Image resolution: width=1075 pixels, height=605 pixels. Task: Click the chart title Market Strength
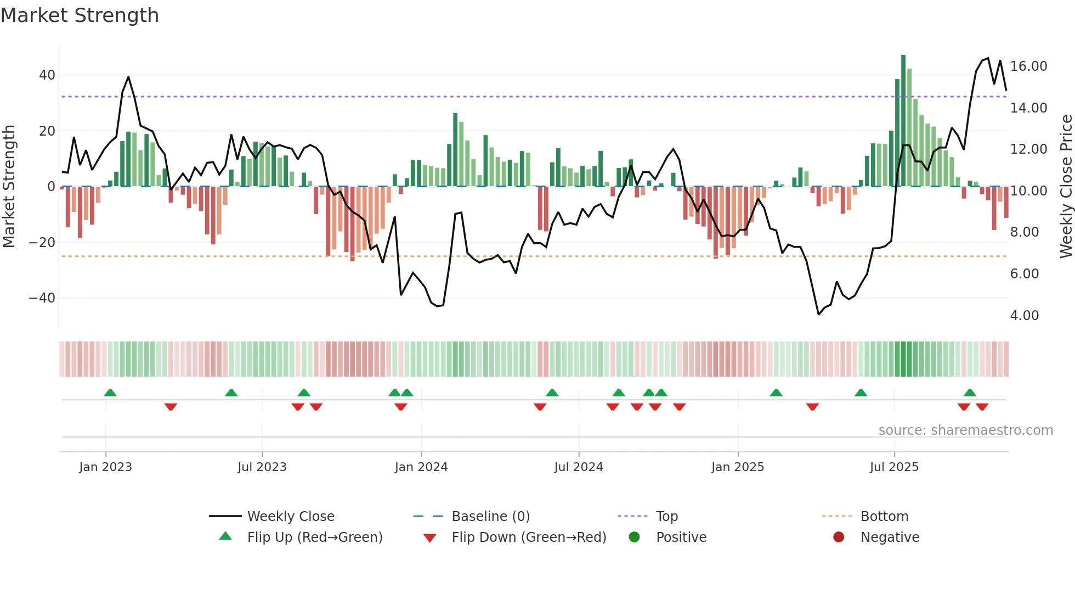[80, 15]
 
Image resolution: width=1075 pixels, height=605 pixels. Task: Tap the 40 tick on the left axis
[47, 75]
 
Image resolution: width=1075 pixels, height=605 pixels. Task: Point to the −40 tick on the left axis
[42, 298]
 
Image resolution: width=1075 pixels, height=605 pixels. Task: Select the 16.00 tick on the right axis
[1028, 66]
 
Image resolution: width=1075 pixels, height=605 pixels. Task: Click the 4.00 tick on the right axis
[1024, 316]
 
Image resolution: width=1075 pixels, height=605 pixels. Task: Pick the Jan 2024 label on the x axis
[421, 467]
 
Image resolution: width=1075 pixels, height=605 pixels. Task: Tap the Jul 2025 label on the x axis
[893, 467]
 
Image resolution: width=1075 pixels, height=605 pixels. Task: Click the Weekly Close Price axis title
[1066, 186]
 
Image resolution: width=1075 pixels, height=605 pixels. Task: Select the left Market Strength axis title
[9, 186]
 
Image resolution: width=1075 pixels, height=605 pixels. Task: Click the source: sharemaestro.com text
[965, 430]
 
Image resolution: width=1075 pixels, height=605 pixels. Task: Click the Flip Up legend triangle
[225, 536]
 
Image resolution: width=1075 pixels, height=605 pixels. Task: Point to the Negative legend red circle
[838, 537]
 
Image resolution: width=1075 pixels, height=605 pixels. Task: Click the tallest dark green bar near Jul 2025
[903, 121]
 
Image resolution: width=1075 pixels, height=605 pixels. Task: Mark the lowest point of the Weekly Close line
[818, 314]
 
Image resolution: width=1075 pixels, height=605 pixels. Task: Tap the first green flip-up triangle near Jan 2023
[110, 393]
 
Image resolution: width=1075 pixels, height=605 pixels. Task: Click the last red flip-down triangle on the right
[982, 407]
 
